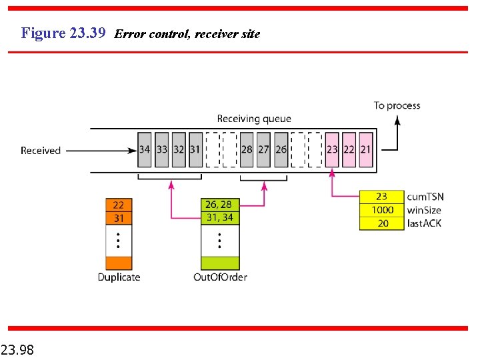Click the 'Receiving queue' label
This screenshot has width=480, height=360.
[254, 119]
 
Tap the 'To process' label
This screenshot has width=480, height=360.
[397, 105]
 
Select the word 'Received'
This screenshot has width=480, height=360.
[41, 151]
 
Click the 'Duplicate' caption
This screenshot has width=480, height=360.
[119, 277]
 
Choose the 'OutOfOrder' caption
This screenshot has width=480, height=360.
[219, 277]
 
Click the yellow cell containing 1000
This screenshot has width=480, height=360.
[382, 210]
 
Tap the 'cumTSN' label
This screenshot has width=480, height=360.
[425, 197]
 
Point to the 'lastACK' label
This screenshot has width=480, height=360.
[424, 223]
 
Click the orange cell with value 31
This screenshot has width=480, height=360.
[119, 218]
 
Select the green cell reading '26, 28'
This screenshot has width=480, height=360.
[219, 205]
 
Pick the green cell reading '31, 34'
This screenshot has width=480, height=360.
[219, 217]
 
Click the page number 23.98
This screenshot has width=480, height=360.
[18, 349]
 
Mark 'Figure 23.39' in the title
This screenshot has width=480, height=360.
[63, 33]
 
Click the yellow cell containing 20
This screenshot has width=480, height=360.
[382, 223]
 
